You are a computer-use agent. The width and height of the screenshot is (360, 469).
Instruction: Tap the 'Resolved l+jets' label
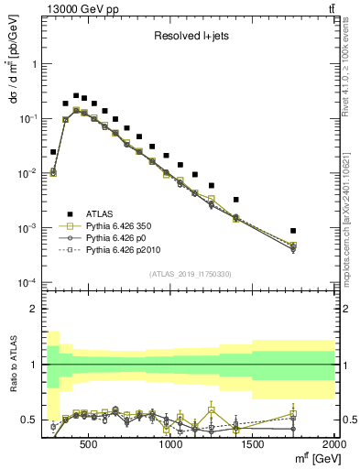(190, 38)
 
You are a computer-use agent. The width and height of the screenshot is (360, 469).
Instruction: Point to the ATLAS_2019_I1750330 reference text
(190, 274)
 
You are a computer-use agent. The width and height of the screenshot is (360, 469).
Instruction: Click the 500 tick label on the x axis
(90, 443)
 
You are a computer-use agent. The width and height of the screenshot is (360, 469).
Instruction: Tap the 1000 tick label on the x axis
(171, 443)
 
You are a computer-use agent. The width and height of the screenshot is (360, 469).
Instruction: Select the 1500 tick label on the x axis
(253, 443)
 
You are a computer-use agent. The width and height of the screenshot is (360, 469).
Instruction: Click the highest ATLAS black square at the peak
(76, 95)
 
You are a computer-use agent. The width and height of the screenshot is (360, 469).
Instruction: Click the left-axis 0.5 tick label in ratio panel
(29, 420)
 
